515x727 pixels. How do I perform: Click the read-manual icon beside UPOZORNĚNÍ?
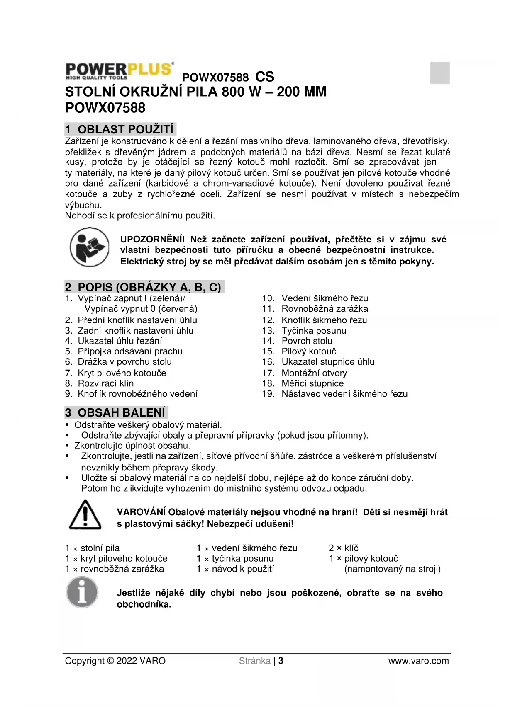click(89, 247)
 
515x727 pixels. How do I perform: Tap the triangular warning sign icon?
click(85, 515)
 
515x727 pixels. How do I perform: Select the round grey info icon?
click(82, 592)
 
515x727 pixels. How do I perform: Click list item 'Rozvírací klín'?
click(105, 383)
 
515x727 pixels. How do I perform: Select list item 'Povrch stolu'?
click(307, 341)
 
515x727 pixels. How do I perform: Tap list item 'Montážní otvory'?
click(314, 373)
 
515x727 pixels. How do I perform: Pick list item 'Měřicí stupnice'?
click(312, 383)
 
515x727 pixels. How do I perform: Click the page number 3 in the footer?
click(281, 661)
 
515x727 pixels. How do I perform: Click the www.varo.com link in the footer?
click(418, 661)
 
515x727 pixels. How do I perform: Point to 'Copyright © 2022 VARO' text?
click(115, 661)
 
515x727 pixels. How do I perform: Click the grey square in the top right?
click(440, 73)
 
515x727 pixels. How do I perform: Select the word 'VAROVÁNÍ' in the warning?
click(141, 512)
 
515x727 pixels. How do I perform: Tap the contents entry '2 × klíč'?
click(344, 548)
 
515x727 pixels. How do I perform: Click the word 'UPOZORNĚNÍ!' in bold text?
click(152, 240)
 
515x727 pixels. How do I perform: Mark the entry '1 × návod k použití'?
click(235, 569)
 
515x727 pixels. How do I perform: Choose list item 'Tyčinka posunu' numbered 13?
click(314, 331)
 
